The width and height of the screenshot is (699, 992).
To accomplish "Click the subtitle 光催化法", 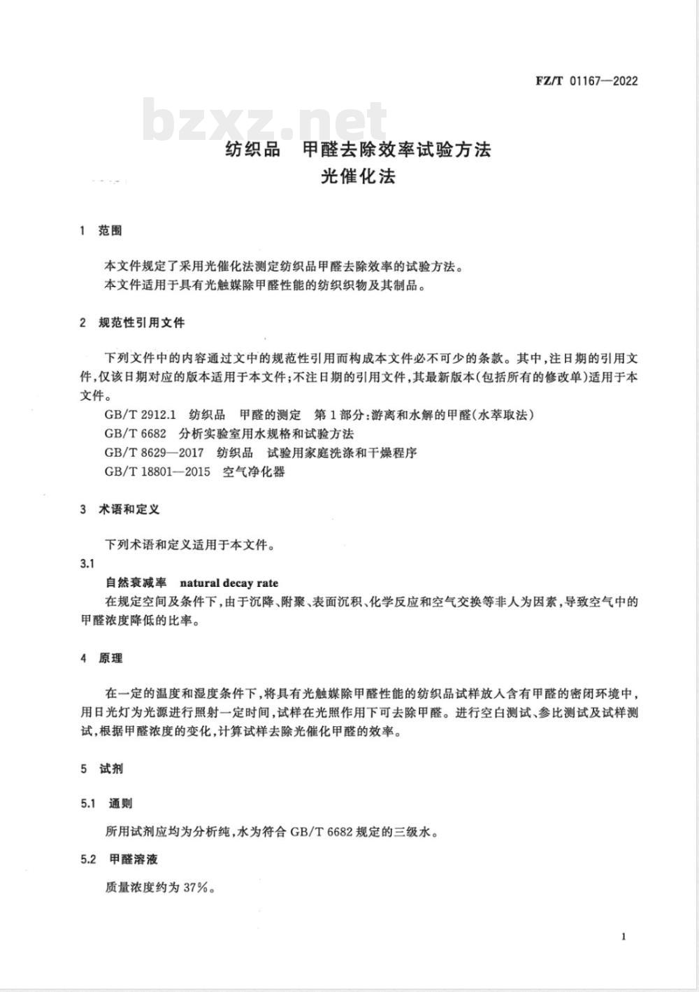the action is [x=359, y=177].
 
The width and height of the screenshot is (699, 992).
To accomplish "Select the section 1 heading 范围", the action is [x=110, y=230].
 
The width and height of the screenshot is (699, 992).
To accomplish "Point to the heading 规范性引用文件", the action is [x=142, y=323].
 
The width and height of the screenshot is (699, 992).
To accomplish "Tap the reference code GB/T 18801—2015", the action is [x=157, y=472].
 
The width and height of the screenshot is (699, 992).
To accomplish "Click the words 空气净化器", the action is [x=254, y=472].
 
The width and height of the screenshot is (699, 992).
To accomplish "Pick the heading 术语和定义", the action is [x=129, y=509].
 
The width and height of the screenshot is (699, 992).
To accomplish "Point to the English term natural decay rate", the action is [x=229, y=583].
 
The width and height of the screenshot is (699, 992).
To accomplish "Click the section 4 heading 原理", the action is [x=110, y=658].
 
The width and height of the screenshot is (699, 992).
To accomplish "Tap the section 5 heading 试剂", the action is [x=110, y=769].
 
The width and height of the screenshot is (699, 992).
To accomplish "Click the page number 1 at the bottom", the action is [x=623, y=937].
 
